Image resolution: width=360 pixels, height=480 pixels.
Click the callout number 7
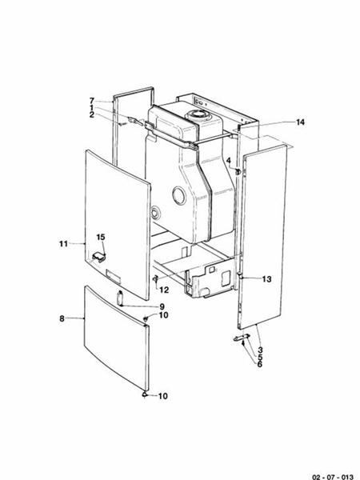coord(92,100)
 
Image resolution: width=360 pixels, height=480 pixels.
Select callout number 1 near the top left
coord(92,107)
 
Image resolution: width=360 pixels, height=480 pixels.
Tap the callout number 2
coord(92,114)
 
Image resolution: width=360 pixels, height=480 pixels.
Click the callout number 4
coord(228,160)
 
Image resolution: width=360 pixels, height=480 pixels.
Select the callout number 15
coord(101,237)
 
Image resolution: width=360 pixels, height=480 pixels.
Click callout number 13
coord(266,278)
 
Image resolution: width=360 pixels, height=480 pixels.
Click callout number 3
coord(261,350)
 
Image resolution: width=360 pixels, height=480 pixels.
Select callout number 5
coord(261,357)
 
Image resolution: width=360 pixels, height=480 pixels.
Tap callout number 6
coord(261,364)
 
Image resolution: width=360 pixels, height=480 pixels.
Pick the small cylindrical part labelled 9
coord(120,298)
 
